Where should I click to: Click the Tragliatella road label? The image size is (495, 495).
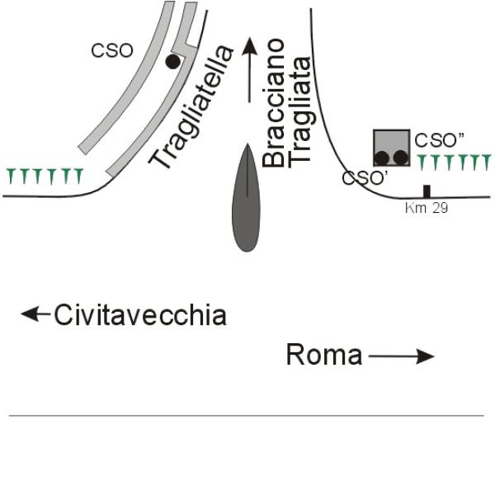point(191,107)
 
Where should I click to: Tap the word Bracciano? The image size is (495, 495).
point(273,103)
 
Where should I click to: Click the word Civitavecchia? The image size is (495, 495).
point(140,315)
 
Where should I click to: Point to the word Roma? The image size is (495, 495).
point(324,355)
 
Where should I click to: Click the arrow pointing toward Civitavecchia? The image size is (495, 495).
point(35,313)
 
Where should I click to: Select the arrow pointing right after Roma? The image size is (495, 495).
point(402,356)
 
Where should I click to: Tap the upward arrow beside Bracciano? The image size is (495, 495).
point(250,70)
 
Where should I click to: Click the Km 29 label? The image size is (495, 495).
point(427,208)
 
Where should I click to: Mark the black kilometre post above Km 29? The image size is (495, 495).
point(427,191)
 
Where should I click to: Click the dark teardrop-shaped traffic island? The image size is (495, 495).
point(246,198)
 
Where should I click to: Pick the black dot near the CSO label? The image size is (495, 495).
point(173,62)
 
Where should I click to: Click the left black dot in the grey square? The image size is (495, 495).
point(382,158)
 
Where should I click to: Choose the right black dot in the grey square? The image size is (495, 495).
point(401,158)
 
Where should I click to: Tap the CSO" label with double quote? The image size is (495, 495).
point(440,140)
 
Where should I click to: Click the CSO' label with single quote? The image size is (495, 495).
point(365,178)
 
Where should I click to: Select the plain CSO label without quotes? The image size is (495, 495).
point(112,50)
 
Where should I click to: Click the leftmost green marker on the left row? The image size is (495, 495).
point(11,177)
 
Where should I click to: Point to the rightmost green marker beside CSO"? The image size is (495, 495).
point(487,163)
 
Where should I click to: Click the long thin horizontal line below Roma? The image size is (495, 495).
point(247,416)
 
